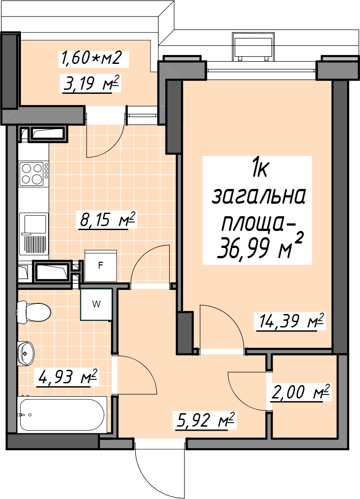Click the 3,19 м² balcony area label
point(91,84)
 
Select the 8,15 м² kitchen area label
point(108,220)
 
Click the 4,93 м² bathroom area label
point(67,377)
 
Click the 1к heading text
point(260,170)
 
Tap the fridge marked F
point(100,266)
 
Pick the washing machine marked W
point(96,304)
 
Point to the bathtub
point(63,415)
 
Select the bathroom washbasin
point(25,353)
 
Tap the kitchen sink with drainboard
point(33,234)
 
